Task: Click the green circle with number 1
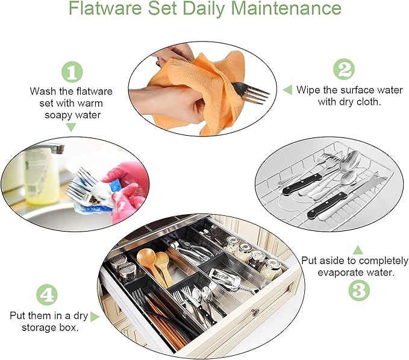(72, 73)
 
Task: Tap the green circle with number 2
(344, 70)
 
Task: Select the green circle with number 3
(358, 291)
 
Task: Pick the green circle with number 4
(48, 295)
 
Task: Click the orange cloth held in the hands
(187, 81)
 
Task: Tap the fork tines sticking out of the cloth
(256, 93)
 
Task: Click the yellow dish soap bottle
(42, 175)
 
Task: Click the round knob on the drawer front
(255, 312)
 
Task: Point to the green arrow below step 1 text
(71, 127)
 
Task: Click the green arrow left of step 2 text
(287, 90)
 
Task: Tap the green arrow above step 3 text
(358, 249)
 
